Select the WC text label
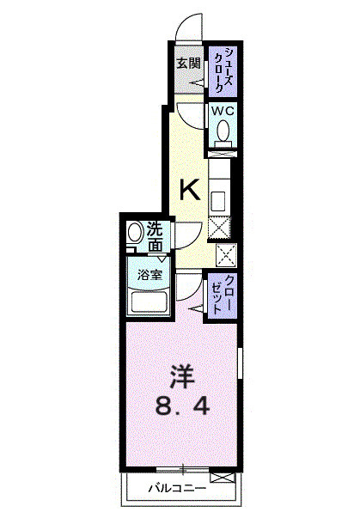(x=223, y=111)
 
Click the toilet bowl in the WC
(x=223, y=131)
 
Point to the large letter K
(x=190, y=189)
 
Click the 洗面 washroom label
(x=155, y=237)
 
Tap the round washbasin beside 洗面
(x=135, y=235)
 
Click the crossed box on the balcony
(x=221, y=478)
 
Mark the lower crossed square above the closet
(x=226, y=256)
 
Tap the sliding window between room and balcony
(x=182, y=469)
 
